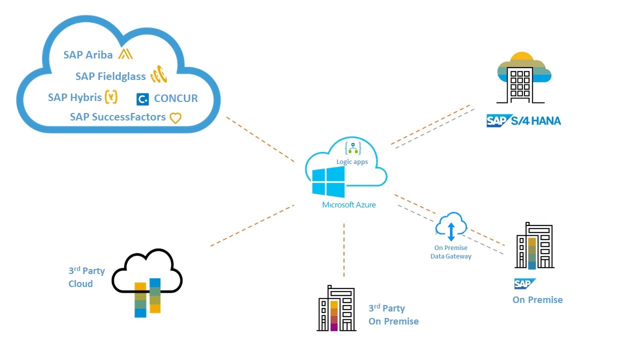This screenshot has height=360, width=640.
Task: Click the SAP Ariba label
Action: pos(88,55)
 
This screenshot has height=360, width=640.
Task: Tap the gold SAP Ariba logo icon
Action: pos(124,54)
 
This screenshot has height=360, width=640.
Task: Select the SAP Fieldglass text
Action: pos(110,76)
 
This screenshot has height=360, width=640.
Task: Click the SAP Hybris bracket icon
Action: pos(111,97)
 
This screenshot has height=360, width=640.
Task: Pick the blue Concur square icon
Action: pos(142,99)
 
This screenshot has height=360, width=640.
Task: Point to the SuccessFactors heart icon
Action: pos(175,118)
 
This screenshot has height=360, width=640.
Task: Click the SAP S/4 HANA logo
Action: pos(523,121)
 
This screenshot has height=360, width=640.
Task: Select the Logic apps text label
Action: pos(352,162)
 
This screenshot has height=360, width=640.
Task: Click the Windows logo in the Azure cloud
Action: pos(328,182)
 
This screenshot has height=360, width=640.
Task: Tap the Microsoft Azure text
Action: pos(349,205)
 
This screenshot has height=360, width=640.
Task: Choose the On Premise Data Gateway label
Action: pos(451,252)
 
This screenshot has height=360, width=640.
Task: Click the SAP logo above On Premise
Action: pos(525,283)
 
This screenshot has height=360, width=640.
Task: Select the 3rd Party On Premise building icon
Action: pos(336,308)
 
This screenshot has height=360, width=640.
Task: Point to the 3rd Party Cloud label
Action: pos(86,277)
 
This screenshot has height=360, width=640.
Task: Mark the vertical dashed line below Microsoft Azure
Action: pos(344,250)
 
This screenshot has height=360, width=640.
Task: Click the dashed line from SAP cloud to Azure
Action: pos(260,139)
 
